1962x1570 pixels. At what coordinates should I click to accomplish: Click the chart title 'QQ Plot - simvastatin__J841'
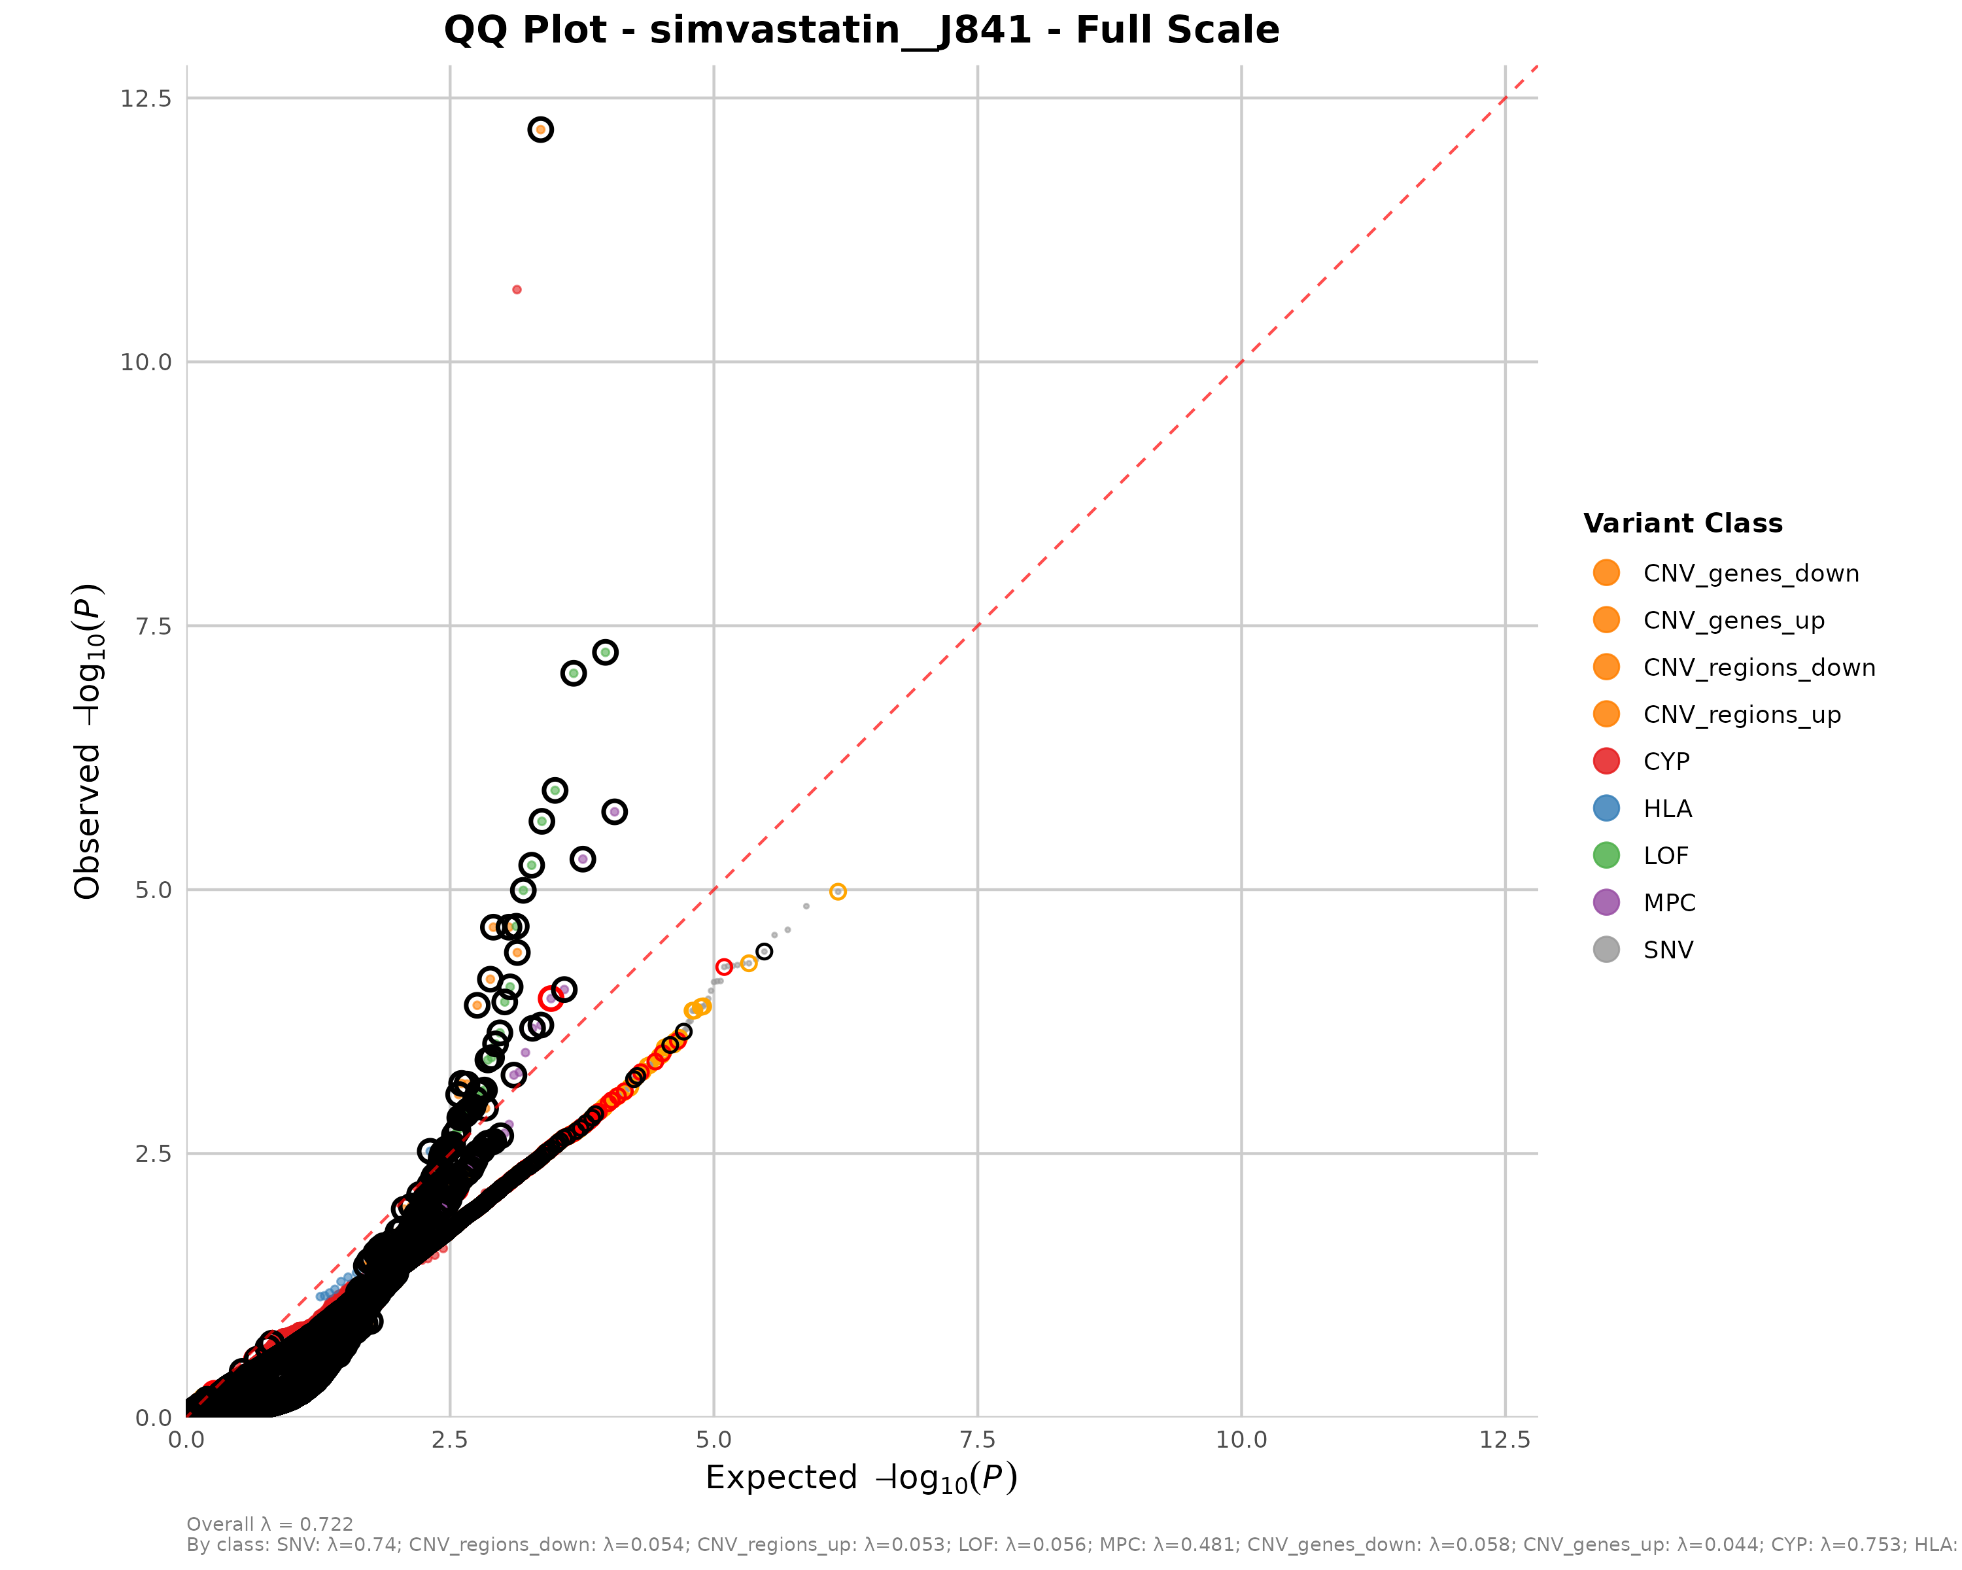click(861, 30)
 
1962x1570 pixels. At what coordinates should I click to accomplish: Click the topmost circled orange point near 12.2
click(541, 130)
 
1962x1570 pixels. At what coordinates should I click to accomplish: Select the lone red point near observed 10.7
click(517, 289)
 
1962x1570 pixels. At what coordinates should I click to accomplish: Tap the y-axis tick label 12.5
click(146, 98)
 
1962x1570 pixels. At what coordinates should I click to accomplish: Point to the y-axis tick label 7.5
click(153, 626)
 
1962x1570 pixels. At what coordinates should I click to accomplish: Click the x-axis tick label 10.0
click(1241, 1439)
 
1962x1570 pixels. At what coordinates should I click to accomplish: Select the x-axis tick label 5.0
click(714, 1439)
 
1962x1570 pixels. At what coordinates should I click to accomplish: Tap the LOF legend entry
click(1665, 856)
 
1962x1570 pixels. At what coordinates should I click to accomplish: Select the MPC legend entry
click(1669, 903)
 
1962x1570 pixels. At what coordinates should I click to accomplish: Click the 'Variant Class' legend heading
click(1683, 523)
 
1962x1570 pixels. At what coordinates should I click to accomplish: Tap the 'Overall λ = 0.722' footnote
click(269, 1524)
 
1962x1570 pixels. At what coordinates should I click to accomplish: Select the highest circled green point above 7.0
click(605, 653)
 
